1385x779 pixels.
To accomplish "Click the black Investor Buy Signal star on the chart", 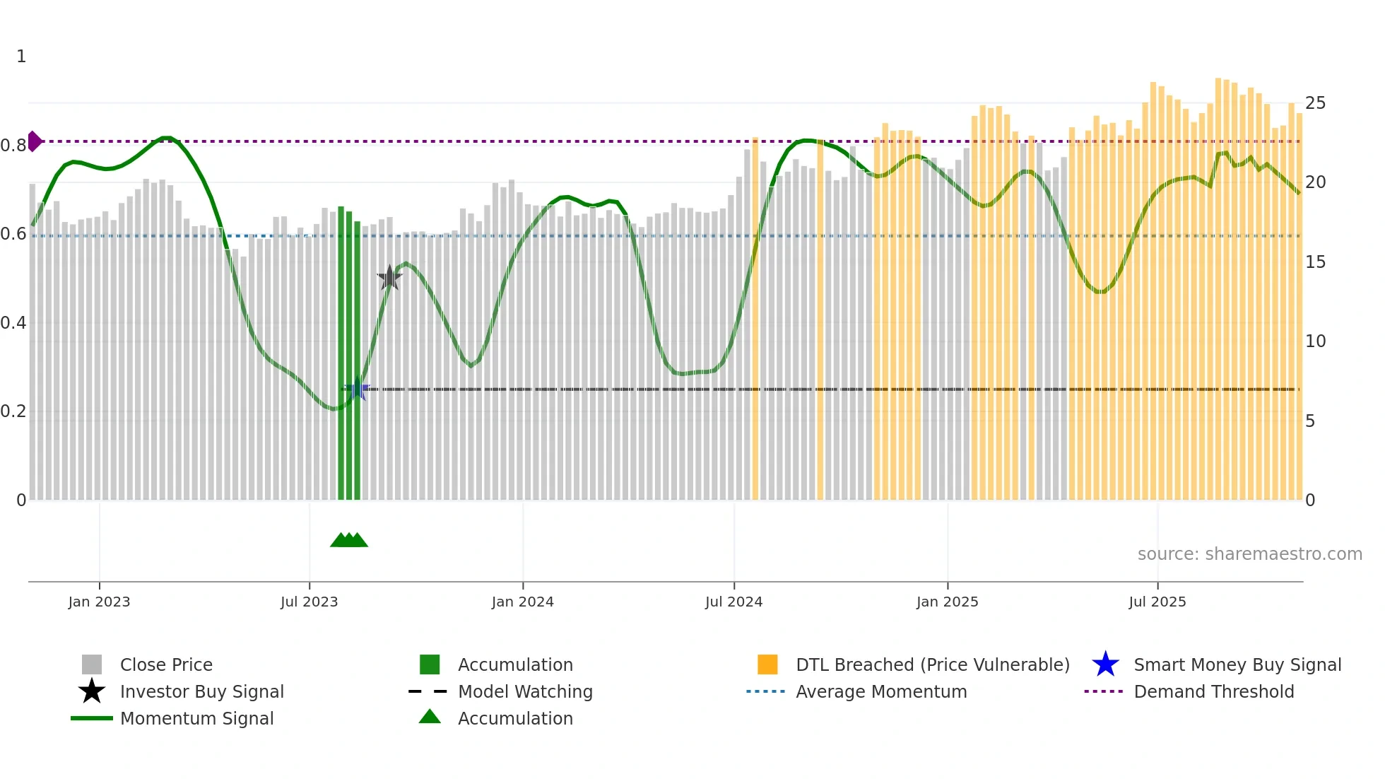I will pyautogui.click(x=389, y=278).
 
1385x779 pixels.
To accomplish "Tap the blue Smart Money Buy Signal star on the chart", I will pyautogui.click(x=357, y=389).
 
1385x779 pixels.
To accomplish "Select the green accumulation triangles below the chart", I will pyautogui.click(x=349, y=540).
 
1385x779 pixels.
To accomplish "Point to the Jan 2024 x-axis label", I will pyautogui.click(x=522, y=602).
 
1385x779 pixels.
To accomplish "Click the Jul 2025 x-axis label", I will pyautogui.click(x=1157, y=602).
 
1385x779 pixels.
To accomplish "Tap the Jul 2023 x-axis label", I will pyautogui.click(x=309, y=602).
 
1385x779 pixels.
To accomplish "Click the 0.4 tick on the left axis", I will pyautogui.click(x=13, y=323).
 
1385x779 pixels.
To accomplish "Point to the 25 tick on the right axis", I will pyautogui.click(x=1315, y=103).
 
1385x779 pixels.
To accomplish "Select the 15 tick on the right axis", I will pyautogui.click(x=1315, y=262).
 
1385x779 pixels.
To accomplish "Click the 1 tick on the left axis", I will pyautogui.click(x=21, y=57).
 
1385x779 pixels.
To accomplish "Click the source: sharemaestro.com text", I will pyautogui.click(x=1249, y=553).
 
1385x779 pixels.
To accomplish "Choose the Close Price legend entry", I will pyautogui.click(x=165, y=664).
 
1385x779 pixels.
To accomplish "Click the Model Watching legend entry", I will pyautogui.click(x=525, y=691).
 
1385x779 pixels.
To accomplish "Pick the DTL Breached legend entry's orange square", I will pyautogui.click(x=767, y=664).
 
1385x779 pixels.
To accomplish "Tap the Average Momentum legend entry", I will pyautogui.click(x=880, y=691).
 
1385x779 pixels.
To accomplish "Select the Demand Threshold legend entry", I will pyautogui.click(x=1213, y=691).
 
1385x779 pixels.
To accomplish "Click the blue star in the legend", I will pyautogui.click(x=1105, y=664).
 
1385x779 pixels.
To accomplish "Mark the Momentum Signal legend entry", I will pyautogui.click(x=196, y=718).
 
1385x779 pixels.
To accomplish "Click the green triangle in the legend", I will pyautogui.click(x=430, y=717).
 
